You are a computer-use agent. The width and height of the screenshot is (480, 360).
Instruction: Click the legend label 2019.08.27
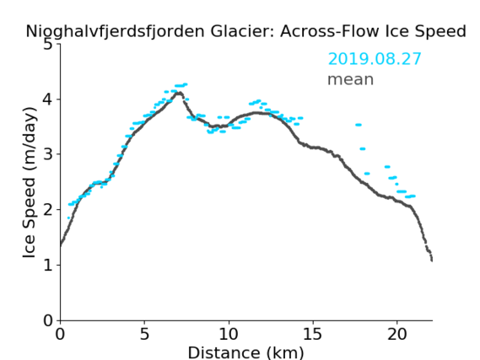[x=375, y=59]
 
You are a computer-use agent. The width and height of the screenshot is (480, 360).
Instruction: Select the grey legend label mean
[x=351, y=79]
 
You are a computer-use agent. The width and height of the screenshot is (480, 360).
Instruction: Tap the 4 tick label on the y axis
[x=48, y=99]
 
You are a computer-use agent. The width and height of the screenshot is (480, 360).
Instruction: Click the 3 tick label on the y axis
[x=48, y=154]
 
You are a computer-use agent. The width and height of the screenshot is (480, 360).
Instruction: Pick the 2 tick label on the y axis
[x=48, y=210]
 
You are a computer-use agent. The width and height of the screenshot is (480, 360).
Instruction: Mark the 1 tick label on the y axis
[x=48, y=266]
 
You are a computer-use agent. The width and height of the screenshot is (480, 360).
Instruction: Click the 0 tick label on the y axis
[x=48, y=320]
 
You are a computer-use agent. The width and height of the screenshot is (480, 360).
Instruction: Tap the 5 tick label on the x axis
[x=144, y=334]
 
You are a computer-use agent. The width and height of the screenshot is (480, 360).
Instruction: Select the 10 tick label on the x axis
[x=229, y=334]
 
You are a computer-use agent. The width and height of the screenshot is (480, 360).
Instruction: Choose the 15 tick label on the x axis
[x=313, y=334]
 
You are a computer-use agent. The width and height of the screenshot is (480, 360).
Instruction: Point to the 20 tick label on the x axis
[x=397, y=334]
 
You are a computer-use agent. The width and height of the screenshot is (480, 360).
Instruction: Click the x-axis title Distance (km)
[x=245, y=353]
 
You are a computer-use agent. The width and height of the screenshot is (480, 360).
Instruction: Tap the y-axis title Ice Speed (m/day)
[x=30, y=183]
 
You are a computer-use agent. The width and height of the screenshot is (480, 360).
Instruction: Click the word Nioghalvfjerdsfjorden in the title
[x=115, y=31]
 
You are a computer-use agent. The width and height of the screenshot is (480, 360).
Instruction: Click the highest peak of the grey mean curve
[x=179, y=93]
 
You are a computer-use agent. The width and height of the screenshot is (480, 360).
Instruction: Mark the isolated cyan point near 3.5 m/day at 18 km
[x=359, y=125]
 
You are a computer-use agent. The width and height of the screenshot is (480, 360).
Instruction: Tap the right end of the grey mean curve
[x=432, y=261]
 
